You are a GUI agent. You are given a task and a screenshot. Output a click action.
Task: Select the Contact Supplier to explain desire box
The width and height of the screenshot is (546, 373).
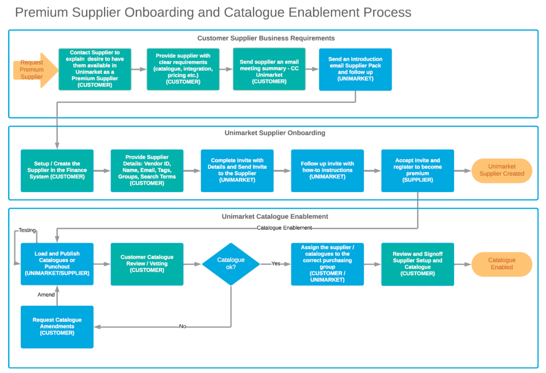click(95, 69)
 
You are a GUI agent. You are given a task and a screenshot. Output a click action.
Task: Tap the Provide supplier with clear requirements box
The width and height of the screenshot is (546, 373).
click(183, 69)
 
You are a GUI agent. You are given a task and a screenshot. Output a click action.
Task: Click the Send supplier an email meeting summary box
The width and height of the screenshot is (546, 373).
click(269, 69)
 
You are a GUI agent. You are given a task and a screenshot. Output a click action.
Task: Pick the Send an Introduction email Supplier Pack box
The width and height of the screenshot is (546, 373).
click(355, 69)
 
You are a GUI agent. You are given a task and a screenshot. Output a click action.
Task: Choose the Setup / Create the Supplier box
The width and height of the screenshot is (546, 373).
click(57, 171)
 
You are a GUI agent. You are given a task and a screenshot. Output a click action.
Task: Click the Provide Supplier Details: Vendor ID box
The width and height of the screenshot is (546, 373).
click(147, 171)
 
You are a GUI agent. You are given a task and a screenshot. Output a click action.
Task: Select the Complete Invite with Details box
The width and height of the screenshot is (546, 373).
click(237, 171)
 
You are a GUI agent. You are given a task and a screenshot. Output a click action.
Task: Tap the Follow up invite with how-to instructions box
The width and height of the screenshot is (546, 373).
click(327, 171)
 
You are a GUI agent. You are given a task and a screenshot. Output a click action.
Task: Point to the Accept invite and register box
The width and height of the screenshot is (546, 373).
click(418, 171)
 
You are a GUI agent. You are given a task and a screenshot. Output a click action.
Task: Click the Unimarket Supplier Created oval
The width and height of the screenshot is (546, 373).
click(502, 171)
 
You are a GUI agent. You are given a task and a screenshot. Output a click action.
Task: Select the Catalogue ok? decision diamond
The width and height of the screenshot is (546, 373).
click(231, 264)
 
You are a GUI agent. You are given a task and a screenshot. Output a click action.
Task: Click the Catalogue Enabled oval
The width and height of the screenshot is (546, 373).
click(502, 264)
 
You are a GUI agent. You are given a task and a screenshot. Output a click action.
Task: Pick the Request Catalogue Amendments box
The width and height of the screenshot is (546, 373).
click(57, 327)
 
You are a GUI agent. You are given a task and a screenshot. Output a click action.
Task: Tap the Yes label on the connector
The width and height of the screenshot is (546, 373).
click(276, 264)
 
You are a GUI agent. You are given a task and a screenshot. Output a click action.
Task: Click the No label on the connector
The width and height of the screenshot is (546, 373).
click(183, 326)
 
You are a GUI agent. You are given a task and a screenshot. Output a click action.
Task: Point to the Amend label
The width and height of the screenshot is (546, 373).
click(46, 295)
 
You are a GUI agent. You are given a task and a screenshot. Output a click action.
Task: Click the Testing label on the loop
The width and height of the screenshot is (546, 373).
click(27, 230)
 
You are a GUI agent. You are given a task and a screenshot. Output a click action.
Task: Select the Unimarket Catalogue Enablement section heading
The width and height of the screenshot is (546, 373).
click(275, 217)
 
